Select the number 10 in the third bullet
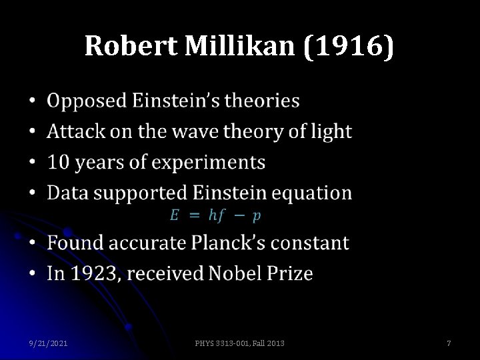click(57, 163)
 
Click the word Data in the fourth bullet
click(67, 193)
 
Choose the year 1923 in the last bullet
click(93, 273)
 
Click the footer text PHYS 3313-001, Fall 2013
click(239, 343)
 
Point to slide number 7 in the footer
click(449, 343)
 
